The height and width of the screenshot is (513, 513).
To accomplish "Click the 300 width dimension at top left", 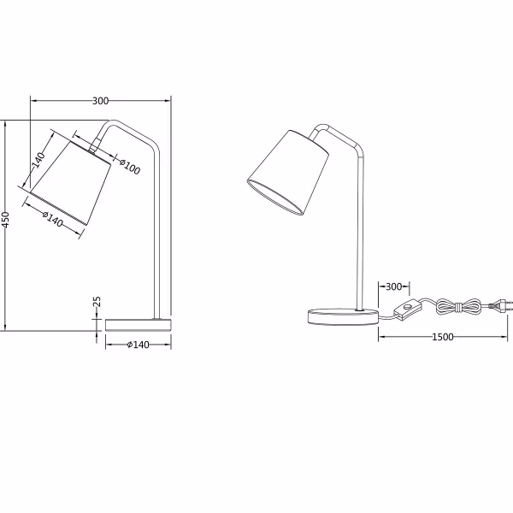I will [100, 101].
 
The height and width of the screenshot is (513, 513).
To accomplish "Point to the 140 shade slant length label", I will [38, 161].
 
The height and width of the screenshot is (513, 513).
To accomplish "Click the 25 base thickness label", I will [97, 304].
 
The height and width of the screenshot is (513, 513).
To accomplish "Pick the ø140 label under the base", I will [138, 345].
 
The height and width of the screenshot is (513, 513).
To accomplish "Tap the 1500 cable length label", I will [441, 337].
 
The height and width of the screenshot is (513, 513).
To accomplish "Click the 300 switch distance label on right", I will [393, 286].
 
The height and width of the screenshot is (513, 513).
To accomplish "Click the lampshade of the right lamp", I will [289, 171].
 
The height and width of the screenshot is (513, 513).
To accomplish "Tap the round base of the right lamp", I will [343, 316].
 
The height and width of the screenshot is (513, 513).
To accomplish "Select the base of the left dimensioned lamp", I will [138, 325].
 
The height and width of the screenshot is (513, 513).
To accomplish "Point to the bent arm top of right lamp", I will [338, 132].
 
